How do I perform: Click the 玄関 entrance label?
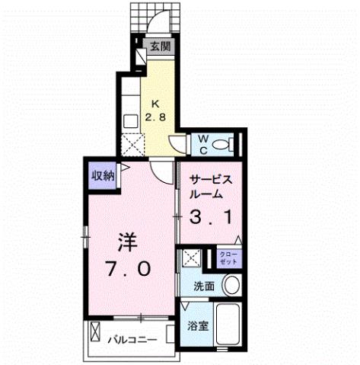159,46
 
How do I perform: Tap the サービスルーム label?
210,187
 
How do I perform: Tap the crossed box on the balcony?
95,333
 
